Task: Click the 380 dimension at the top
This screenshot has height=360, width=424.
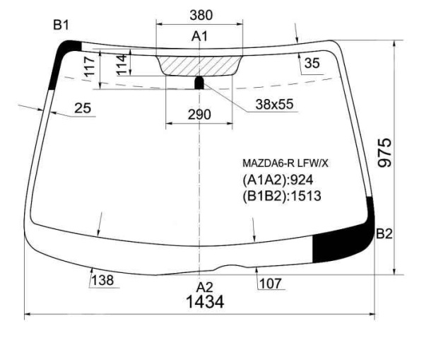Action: tap(201, 15)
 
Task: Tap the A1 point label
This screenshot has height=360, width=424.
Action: tap(199, 36)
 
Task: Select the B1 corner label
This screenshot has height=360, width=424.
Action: tap(61, 25)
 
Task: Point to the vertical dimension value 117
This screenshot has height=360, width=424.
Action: tap(90, 66)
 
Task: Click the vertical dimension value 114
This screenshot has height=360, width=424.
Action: tap(122, 64)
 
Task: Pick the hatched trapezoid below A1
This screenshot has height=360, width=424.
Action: tap(199, 66)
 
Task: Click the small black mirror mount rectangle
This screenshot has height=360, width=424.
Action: tap(199, 83)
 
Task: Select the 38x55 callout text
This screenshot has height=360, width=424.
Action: tap(274, 104)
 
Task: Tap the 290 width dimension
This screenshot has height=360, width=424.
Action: tap(199, 115)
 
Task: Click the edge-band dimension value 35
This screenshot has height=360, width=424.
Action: tap(312, 63)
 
